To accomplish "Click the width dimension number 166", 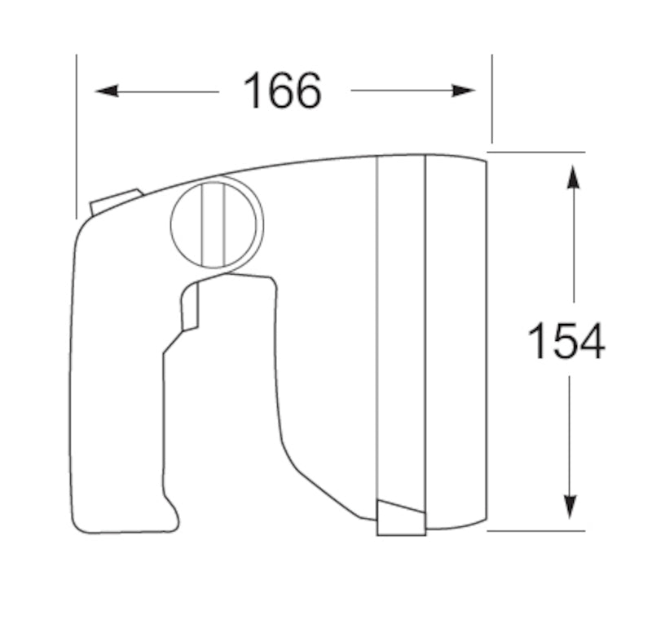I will (x=282, y=91).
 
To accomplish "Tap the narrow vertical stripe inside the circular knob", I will (x=213, y=224).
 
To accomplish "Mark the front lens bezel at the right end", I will (x=456, y=343).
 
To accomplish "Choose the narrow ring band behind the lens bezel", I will (x=401, y=326).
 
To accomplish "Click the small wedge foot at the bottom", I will (x=400, y=519).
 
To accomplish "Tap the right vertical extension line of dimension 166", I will (x=491, y=98).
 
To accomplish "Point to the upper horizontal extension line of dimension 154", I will (x=538, y=152).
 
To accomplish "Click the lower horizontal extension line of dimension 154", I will (x=538, y=530).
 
